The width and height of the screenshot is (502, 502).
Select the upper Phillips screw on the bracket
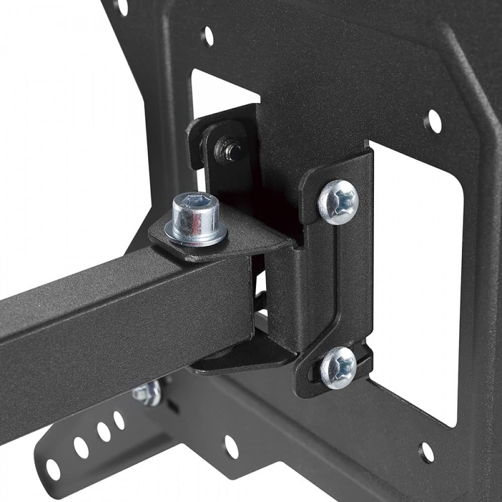(x=338, y=202)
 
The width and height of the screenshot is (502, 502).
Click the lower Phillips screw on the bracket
(x=338, y=367)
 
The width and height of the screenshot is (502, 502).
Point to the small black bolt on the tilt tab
(x=231, y=150)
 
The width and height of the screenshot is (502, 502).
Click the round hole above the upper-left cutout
(x=207, y=36)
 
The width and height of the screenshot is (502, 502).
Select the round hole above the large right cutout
(x=433, y=121)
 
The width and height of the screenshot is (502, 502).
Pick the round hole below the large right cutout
(x=426, y=452)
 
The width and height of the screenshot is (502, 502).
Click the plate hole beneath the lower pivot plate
(x=231, y=446)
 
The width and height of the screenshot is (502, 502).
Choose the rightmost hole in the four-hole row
(x=119, y=420)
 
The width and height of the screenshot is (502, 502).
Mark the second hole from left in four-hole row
(x=81, y=447)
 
